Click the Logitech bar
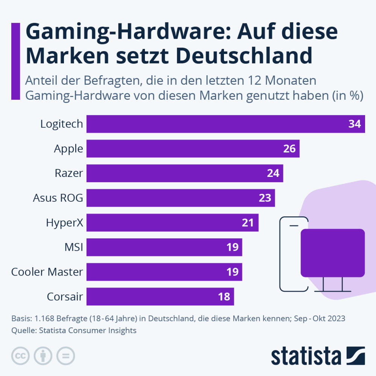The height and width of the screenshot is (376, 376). click(218, 124)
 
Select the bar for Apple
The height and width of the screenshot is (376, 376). click(188, 149)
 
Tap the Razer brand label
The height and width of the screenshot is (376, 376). click(69, 173)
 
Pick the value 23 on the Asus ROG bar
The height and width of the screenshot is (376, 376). click(265, 198)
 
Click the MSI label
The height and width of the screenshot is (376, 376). click(74, 247)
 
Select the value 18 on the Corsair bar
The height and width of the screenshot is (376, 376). click(224, 297)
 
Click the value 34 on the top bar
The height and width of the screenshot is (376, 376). click(355, 124)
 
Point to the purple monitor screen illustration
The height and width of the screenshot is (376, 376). click(333, 253)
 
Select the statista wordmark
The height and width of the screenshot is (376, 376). click(306, 356)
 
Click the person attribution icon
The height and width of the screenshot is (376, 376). click(43, 356)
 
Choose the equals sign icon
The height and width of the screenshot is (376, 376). click(65, 356)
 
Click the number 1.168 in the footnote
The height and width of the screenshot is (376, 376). click(44, 318)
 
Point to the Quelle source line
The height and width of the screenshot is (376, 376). click(74, 330)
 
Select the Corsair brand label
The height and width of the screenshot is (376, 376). click(65, 297)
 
